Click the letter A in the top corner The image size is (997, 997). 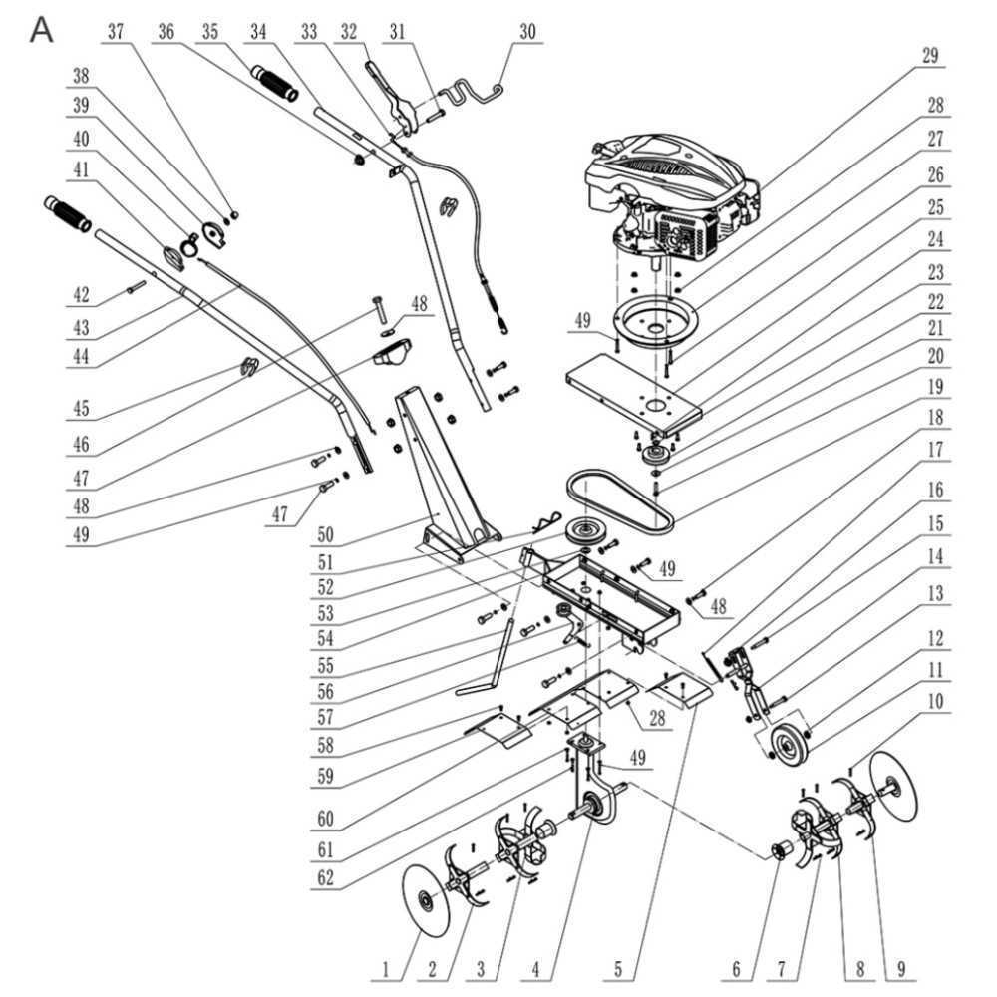coord(42,29)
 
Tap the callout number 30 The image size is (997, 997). coord(527,31)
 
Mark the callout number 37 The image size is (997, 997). coord(115,31)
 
